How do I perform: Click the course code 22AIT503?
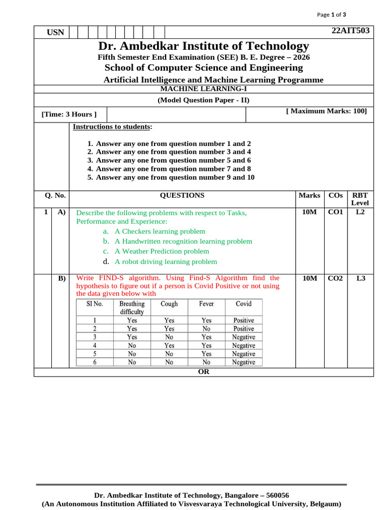tap(351, 31)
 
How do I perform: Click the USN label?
tap(55, 32)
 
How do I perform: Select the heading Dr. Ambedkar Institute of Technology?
tap(203, 46)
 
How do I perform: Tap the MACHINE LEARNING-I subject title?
tap(203, 89)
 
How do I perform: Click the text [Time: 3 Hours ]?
tap(69, 114)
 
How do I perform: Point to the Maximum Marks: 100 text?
tap(327, 111)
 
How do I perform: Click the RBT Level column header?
tap(360, 199)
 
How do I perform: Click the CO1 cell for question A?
tap(335, 213)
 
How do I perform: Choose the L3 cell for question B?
tap(361, 278)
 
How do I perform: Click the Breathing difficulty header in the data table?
tap(132, 308)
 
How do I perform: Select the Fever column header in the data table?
tap(206, 304)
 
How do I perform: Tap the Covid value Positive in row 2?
tap(243, 329)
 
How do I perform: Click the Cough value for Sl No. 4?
tap(170, 346)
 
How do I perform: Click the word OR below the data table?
tap(203, 372)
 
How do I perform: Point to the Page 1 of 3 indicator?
tap(332, 14)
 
